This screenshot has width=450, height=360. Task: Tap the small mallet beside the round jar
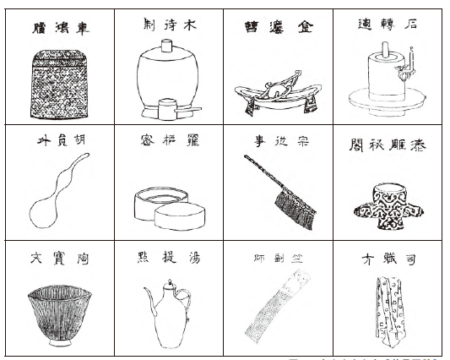pos(178,109)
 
